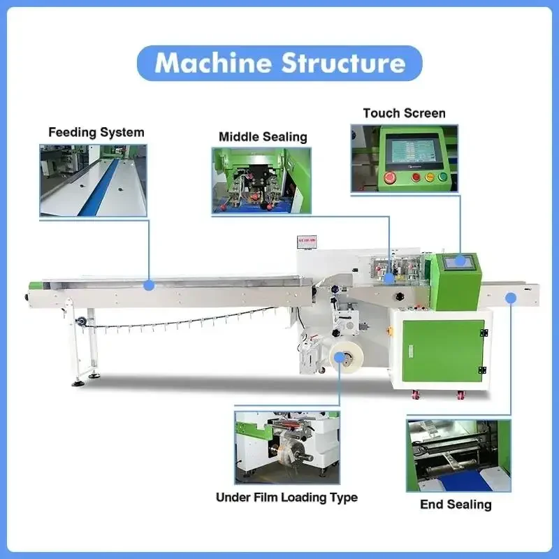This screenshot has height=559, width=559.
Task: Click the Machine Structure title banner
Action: [279, 63]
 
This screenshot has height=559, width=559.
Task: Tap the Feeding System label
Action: [96, 132]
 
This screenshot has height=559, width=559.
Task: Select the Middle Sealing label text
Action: [263, 136]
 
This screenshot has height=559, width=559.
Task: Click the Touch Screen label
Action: [404, 113]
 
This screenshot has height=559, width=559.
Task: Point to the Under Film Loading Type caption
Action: [286, 498]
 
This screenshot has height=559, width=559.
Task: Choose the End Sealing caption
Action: [456, 504]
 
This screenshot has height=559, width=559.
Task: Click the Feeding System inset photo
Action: [93, 180]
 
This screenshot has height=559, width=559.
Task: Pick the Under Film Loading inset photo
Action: [287, 447]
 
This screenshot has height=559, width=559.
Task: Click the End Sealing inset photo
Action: [458, 455]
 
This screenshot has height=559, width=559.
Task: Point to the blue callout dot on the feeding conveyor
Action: [149, 285]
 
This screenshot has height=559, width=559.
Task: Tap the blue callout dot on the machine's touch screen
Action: [460, 261]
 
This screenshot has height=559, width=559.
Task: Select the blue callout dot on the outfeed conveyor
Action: [511, 298]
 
